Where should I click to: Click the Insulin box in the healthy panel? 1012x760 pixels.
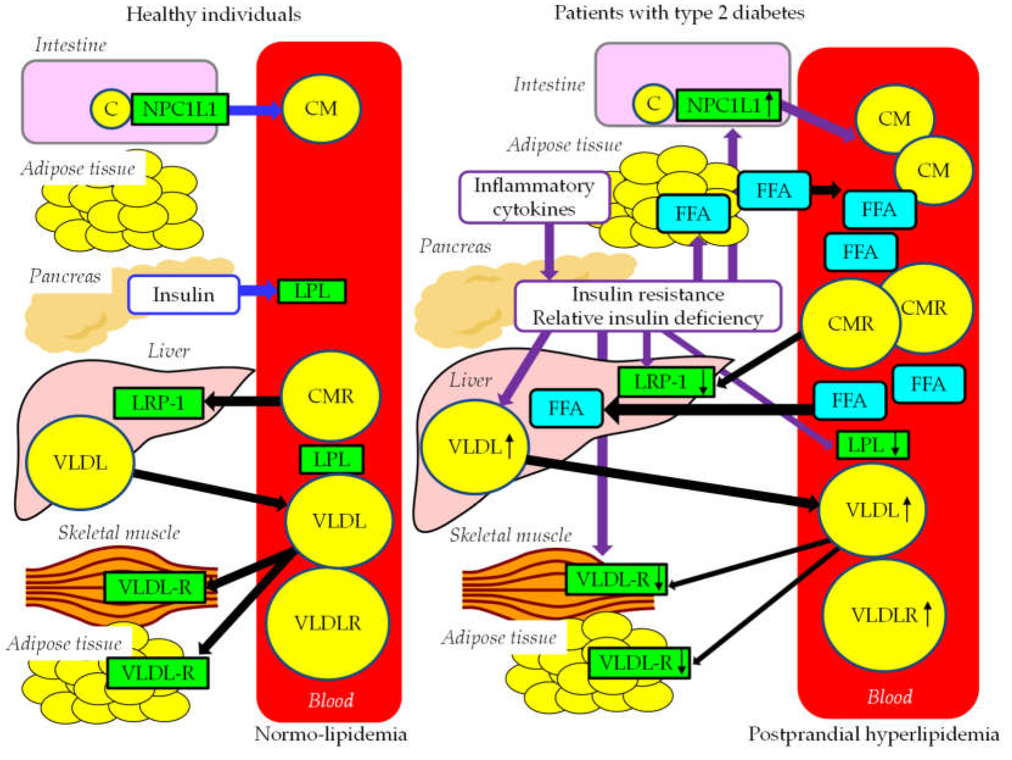click(183, 295)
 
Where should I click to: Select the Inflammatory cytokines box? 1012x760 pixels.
click(534, 197)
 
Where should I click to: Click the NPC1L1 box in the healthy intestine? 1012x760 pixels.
click(179, 109)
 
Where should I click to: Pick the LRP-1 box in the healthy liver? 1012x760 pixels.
click(158, 403)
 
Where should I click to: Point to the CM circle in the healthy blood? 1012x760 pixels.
click(321, 109)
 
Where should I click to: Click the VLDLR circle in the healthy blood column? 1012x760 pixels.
click(328, 623)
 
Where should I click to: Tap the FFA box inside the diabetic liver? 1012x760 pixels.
click(566, 408)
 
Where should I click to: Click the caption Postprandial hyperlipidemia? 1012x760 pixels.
click(873, 734)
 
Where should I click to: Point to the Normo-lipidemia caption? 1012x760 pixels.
click(330, 734)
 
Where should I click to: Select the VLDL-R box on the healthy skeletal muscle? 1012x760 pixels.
click(155, 587)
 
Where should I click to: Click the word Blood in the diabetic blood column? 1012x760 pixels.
click(889, 696)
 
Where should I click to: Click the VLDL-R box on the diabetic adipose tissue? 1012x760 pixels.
click(638, 663)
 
